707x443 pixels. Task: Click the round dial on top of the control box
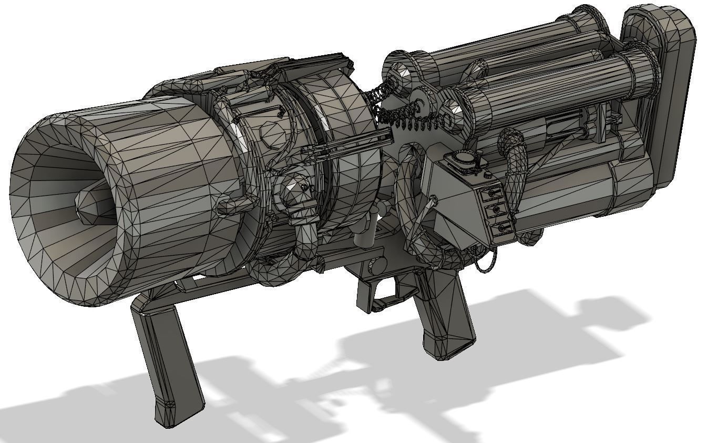(463, 157)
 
